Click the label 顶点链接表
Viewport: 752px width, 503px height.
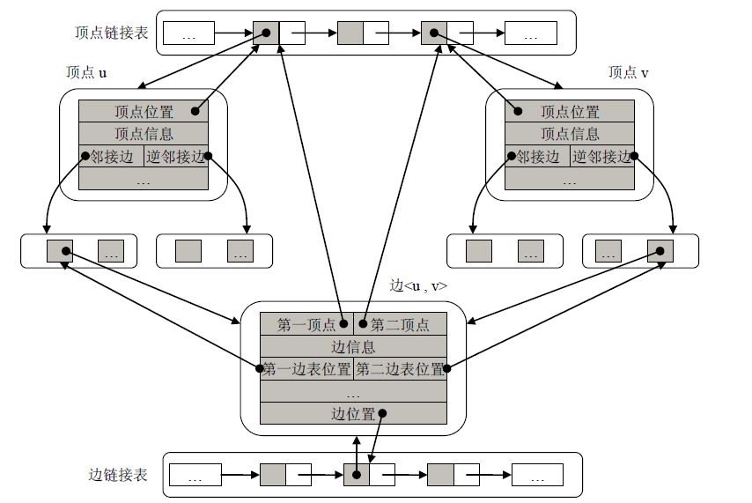pyautogui.click(x=112, y=33)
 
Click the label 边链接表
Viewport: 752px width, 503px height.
pyautogui.click(x=119, y=475)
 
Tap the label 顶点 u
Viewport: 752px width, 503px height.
pyautogui.click(x=87, y=73)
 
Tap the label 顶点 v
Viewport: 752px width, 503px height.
pyautogui.click(x=629, y=73)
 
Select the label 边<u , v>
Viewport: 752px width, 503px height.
pyautogui.click(x=418, y=286)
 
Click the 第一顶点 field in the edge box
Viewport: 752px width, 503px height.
pyautogui.click(x=306, y=324)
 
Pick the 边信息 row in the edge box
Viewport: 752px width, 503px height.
pyautogui.click(x=353, y=347)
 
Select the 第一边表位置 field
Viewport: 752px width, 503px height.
pyautogui.click(x=306, y=369)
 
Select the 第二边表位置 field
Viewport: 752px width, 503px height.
pyautogui.click(x=400, y=369)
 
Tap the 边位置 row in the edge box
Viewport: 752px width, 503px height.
pyautogui.click(x=353, y=413)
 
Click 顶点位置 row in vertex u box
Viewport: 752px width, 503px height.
pyautogui.click(x=144, y=112)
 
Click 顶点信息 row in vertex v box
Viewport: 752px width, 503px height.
pyautogui.click(x=570, y=134)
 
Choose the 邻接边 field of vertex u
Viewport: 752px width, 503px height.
pyautogui.click(x=111, y=157)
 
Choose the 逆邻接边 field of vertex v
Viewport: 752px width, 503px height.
pyautogui.click(x=602, y=157)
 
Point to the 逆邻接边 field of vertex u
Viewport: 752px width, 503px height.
pyautogui.click(x=176, y=157)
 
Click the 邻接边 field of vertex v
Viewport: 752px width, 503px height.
pyautogui.click(x=537, y=157)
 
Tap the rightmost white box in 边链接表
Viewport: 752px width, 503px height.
pyautogui.click(x=537, y=476)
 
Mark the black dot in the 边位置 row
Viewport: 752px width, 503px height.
pyautogui.click(x=382, y=414)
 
